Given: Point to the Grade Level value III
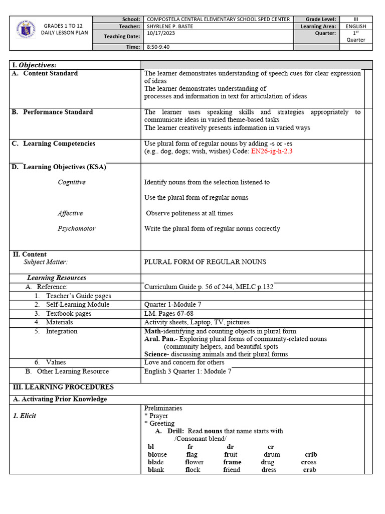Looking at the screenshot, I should point(356,19).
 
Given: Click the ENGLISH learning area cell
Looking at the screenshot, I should point(356,26).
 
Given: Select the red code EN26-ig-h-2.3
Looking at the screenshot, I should point(271,151).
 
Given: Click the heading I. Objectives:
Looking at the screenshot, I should point(34,65).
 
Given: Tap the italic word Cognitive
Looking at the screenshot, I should point(71,182).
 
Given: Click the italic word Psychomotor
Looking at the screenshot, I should point(76,228).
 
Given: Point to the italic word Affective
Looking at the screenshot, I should point(70,213).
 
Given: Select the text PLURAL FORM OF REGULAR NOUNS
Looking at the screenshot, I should point(205,262).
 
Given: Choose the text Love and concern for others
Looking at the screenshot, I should point(184,362).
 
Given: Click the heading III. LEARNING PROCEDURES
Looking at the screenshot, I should point(63,387).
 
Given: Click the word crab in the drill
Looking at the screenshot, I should point(309,470).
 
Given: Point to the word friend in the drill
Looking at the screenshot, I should point(232,470).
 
